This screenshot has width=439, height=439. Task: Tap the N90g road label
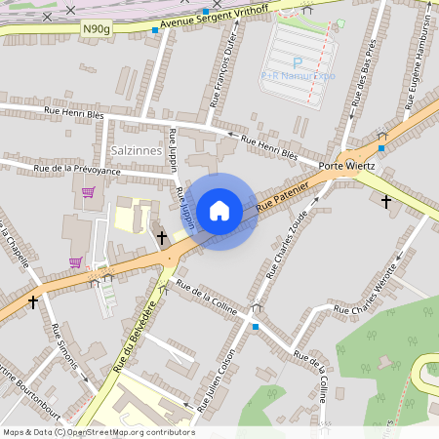click(x=97, y=29)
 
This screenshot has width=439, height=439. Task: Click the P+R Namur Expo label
click(x=298, y=75)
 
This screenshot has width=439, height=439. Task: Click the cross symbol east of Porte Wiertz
click(x=386, y=202)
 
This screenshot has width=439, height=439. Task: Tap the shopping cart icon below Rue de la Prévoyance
click(x=88, y=192)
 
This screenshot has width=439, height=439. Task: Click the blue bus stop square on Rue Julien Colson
click(x=256, y=327)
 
